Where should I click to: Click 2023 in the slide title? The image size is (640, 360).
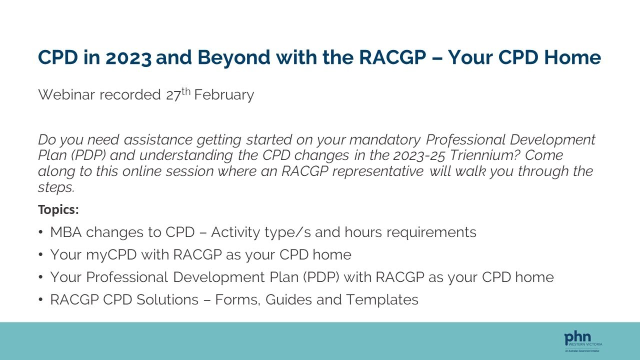tap(128, 58)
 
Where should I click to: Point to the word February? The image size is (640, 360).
tap(224, 94)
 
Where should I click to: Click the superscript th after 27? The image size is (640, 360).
tap(186, 91)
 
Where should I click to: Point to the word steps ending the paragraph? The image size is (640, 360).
tap(55, 187)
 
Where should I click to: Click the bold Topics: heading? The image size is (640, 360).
tap(58, 210)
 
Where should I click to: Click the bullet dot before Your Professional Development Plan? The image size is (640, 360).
tap(40, 277)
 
